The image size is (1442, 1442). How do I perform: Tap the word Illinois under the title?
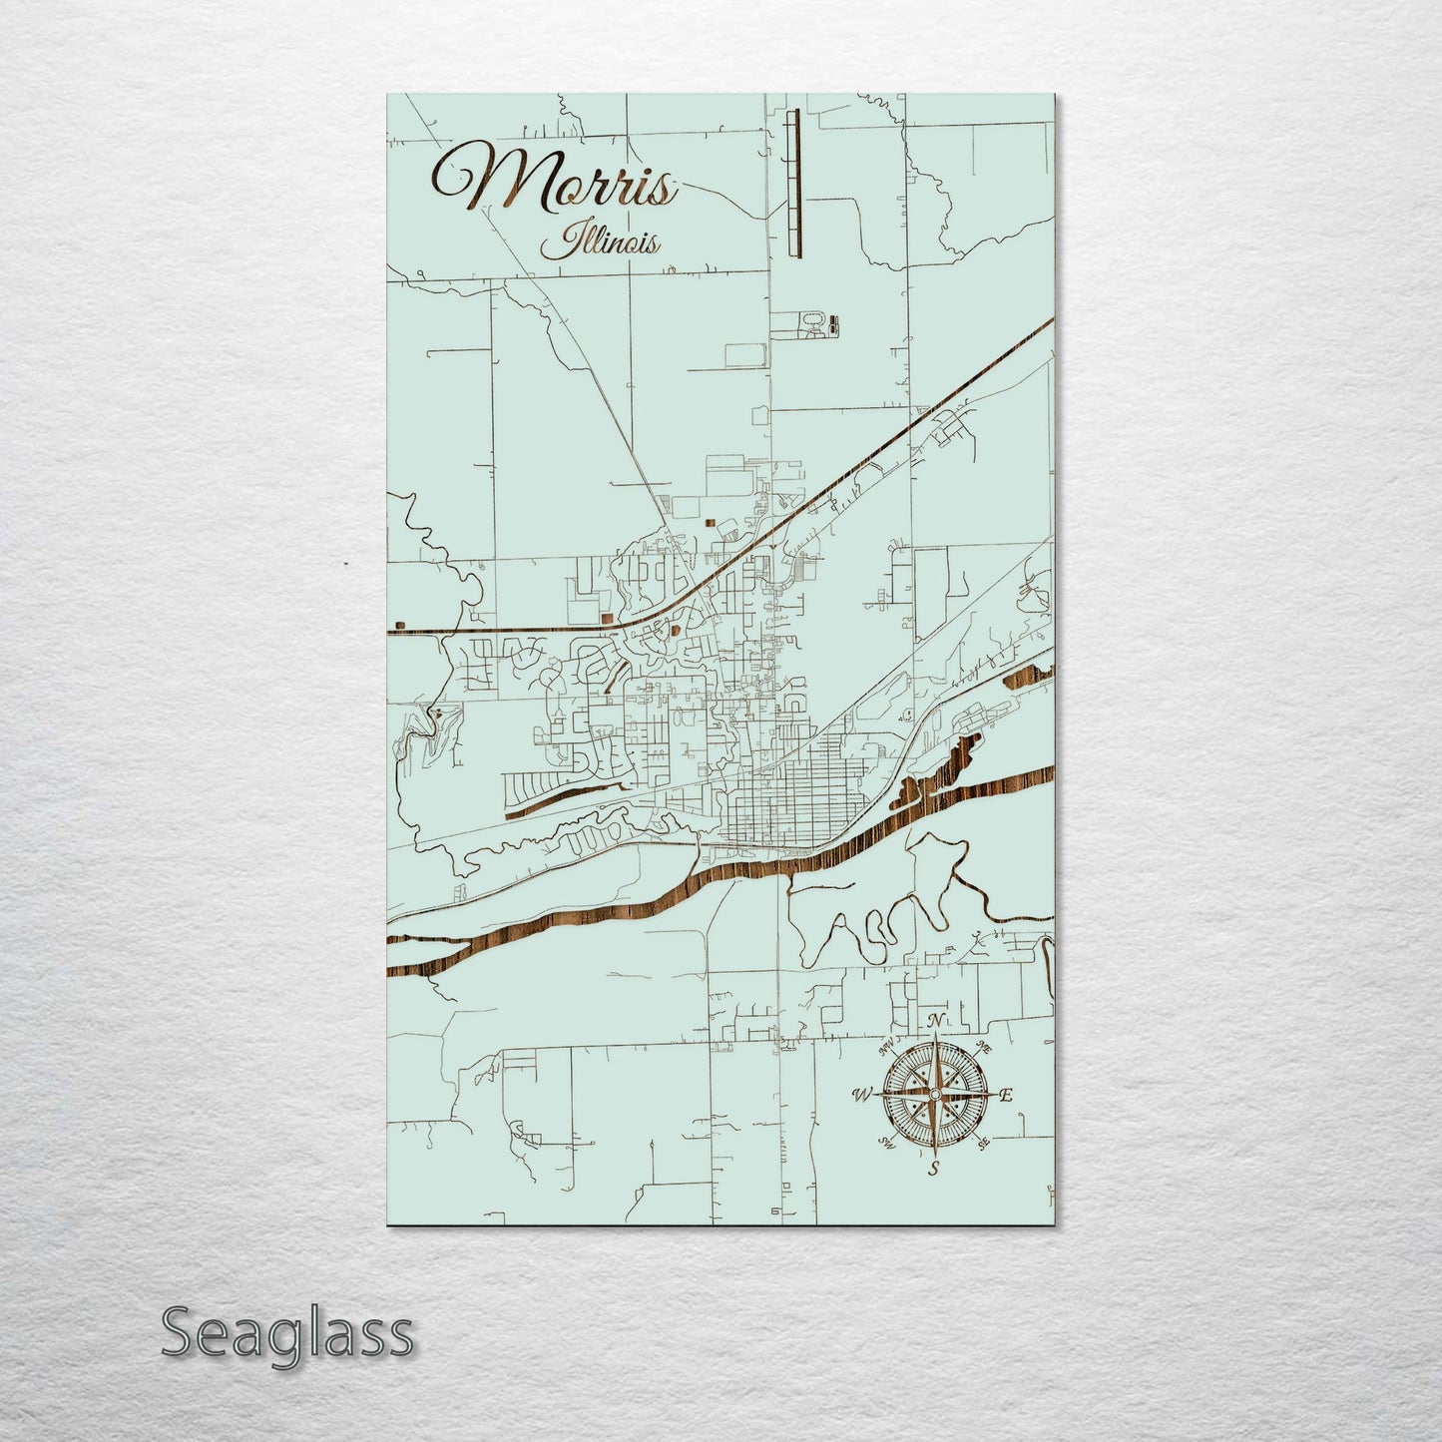coord(599,242)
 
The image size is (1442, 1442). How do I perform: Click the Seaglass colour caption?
coord(286,1333)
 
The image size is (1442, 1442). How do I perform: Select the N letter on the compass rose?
coord(935,1020)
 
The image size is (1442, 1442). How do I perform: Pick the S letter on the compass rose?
coord(934,1169)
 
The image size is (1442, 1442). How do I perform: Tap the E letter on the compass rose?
coord(1006,1095)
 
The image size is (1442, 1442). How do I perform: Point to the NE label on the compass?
coord(983,1048)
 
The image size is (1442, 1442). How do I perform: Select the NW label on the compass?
coord(886,1048)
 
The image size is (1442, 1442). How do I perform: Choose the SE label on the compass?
coord(983,1142)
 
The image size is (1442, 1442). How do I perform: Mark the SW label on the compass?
coord(885,1142)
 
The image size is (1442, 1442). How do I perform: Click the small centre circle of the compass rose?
coord(935,1095)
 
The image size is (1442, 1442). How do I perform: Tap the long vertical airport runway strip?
coord(794,183)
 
